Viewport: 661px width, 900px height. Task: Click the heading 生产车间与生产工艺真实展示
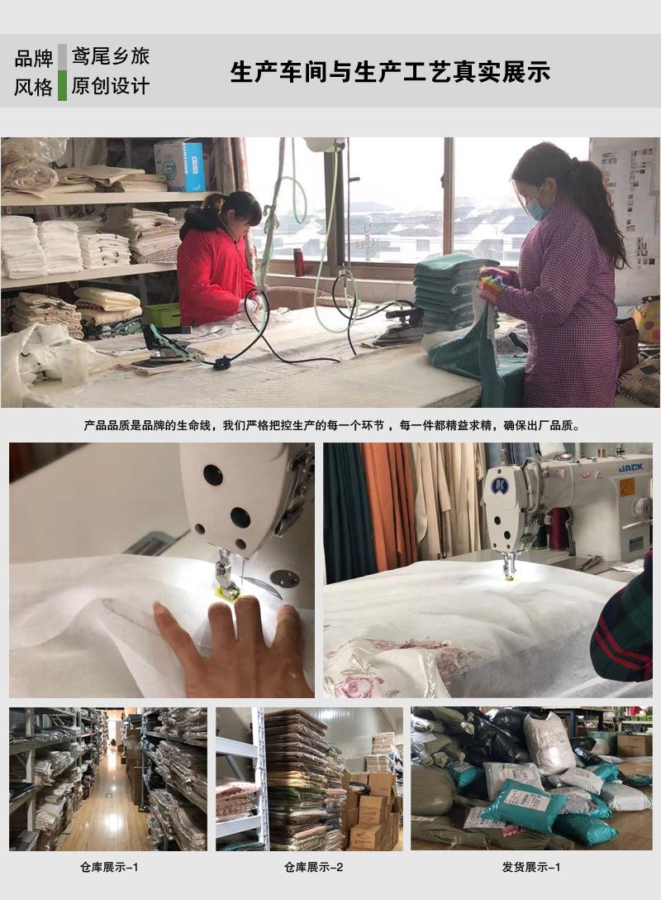pyautogui.click(x=390, y=72)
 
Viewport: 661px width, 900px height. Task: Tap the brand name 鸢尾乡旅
pyautogui.click(x=110, y=57)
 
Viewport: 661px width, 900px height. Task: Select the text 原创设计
pyautogui.click(x=110, y=86)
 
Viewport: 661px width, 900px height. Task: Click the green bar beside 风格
pyautogui.click(x=62, y=86)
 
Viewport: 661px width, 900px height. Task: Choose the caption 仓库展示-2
pyautogui.click(x=313, y=868)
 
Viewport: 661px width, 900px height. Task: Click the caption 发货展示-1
pyautogui.click(x=530, y=868)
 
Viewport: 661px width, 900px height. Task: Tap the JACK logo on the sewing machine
pyautogui.click(x=630, y=468)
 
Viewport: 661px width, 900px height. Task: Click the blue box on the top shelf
pyautogui.click(x=180, y=165)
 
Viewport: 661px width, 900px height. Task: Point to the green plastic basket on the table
pyautogui.click(x=162, y=315)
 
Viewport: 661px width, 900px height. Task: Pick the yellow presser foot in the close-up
pyautogui.click(x=226, y=591)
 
